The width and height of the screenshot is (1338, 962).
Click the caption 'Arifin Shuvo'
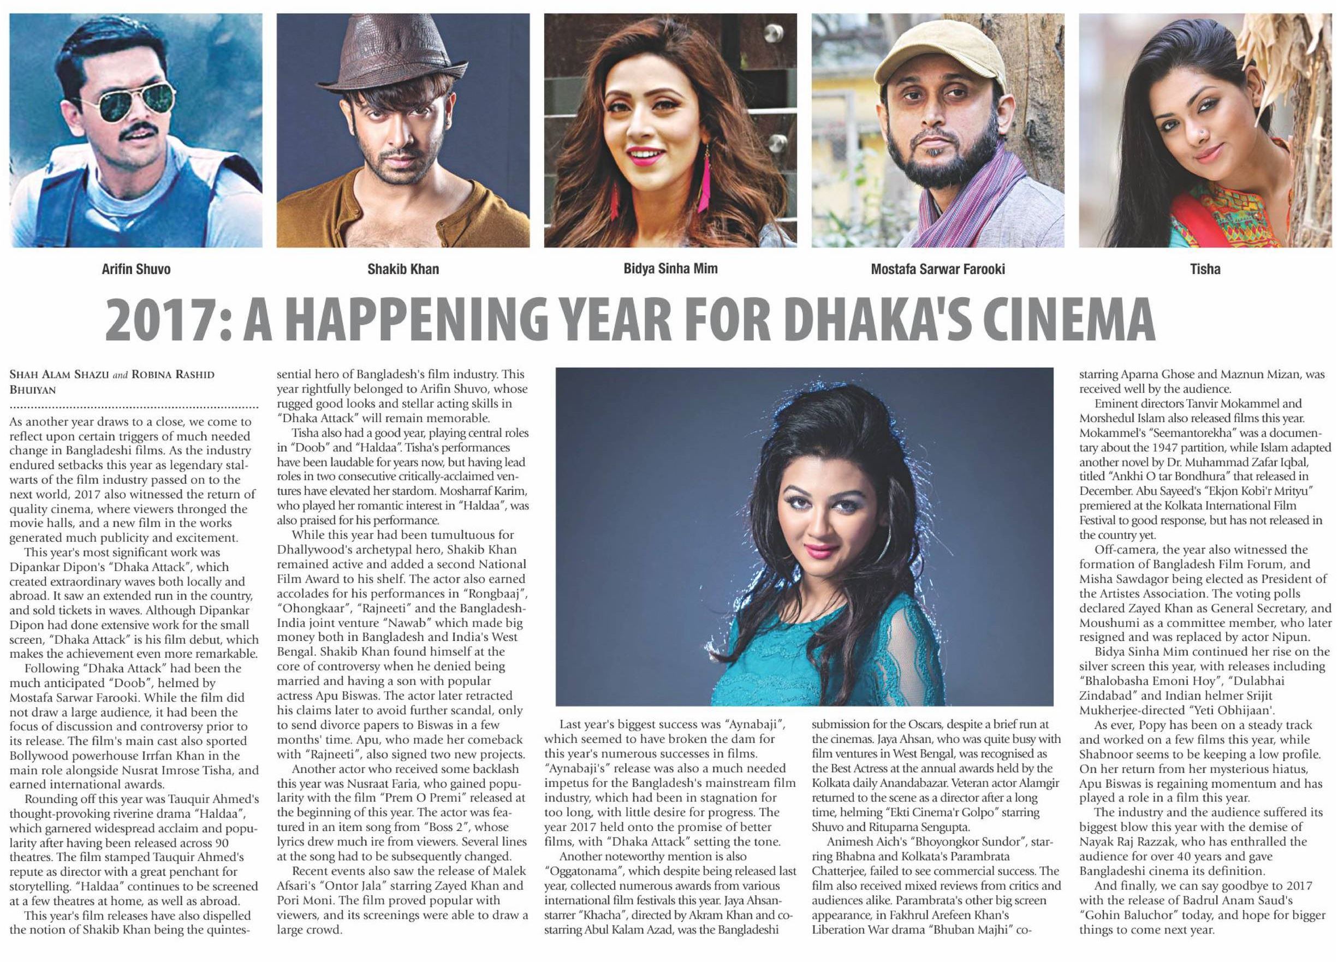(x=136, y=270)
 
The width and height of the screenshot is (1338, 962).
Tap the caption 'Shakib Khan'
(x=403, y=270)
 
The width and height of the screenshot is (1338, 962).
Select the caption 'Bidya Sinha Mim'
(x=670, y=269)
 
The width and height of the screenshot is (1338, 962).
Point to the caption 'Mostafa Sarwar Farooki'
(x=937, y=270)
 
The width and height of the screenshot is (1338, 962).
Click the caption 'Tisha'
(x=1205, y=270)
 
